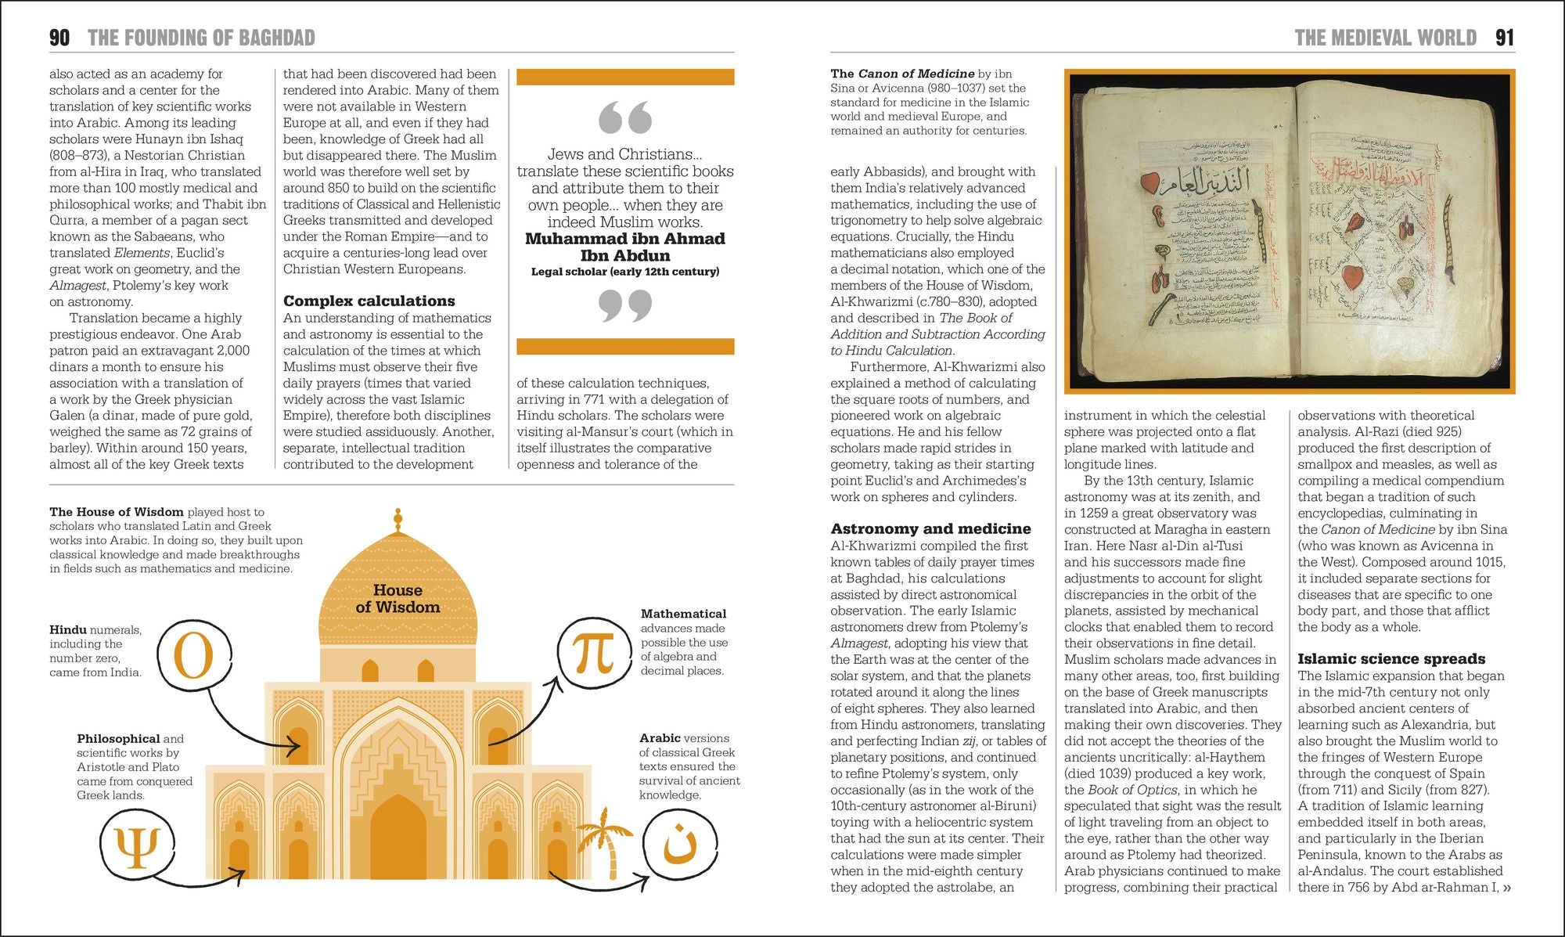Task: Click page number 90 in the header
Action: point(59,38)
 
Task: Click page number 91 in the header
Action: point(1505,38)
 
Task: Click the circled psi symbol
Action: point(138,846)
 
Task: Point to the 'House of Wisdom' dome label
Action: point(398,599)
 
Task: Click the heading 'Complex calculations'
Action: point(369,301)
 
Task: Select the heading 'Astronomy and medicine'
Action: point(930,528)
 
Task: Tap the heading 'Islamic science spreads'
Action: point(1391,658)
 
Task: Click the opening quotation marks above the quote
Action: point(624,117)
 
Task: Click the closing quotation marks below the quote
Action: point(624,305)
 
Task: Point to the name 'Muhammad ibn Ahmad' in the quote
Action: point(624,239)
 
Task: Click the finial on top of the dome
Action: point(398,519)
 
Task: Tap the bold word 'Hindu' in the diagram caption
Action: point(67,629)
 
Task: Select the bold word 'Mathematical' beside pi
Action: point(683,614)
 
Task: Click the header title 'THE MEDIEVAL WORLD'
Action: point(1385,38)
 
